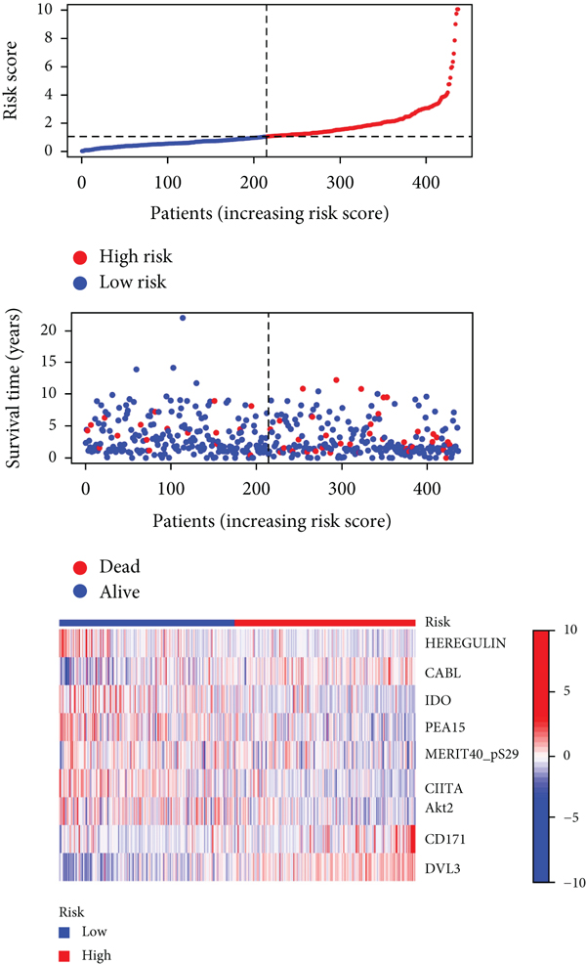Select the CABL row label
(x=442, y=674)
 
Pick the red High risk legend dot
(x=80, y=257)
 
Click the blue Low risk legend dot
(x=80, y=283)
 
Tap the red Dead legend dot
(x=80, y=566)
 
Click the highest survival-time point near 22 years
(x=183, y=318)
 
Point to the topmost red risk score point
(x=458, y=10)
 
